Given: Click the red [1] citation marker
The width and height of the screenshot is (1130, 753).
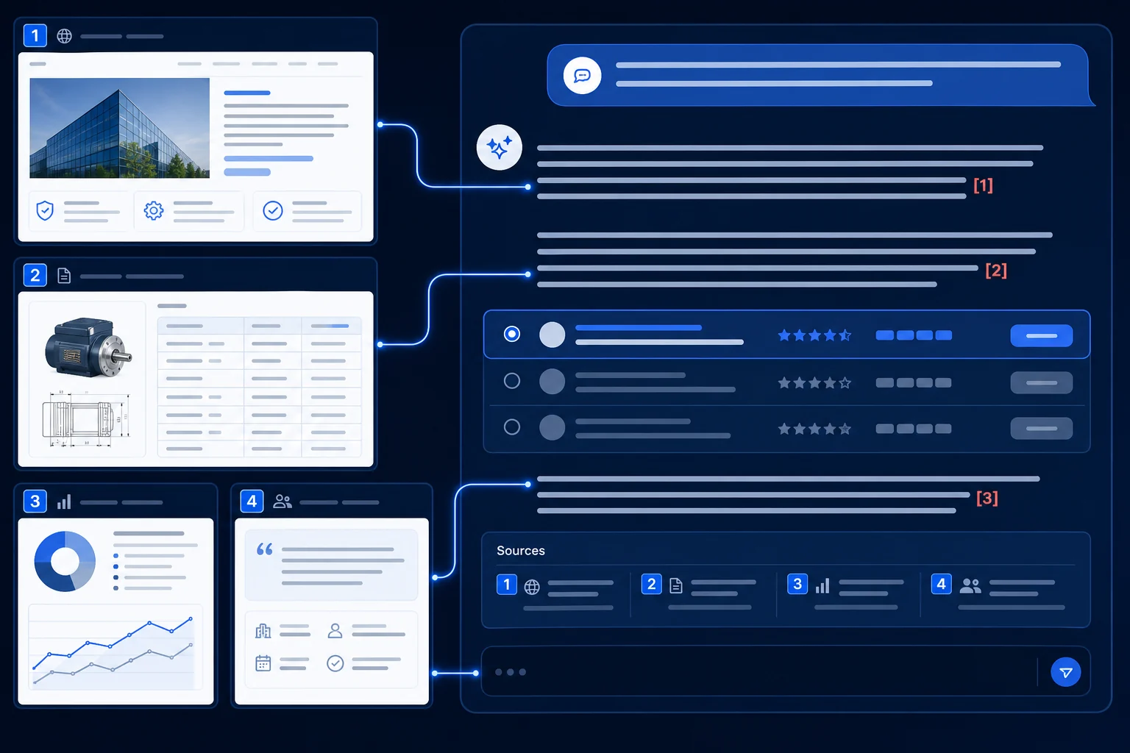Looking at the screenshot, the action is (983, 185).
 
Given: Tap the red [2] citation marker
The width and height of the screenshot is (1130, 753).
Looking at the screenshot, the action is (996, 271).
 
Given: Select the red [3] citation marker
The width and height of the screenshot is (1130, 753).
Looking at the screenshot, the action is (987, 498).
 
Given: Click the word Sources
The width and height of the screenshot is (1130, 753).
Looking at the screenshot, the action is (521, 550).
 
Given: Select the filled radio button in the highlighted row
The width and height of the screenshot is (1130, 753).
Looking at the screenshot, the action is (511, 334).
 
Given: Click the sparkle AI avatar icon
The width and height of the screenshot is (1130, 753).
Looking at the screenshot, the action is (499, 147).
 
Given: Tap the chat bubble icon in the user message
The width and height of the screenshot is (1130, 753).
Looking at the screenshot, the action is (582, 76).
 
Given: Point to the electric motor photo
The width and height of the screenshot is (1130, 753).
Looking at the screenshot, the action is (88, 346).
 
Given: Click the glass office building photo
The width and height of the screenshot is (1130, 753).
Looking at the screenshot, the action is (120, 128).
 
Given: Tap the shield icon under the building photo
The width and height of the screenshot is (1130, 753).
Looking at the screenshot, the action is (45, 210).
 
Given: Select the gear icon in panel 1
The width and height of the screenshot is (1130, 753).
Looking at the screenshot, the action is (153, 210).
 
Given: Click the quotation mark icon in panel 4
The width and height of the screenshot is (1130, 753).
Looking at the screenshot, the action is (264, 549).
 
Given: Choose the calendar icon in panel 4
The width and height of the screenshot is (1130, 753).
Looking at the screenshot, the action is (263, 663).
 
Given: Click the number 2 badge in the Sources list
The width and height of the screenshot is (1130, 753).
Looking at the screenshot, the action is (651, 584).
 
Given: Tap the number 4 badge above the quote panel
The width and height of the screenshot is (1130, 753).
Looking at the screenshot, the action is (252, 501).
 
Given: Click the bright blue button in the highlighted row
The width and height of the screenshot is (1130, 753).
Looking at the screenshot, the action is (1041, 335).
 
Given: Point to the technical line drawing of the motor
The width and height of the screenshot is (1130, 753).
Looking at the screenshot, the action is (86, 419).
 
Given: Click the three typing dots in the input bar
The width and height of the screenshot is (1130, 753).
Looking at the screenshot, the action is (510, 672).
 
